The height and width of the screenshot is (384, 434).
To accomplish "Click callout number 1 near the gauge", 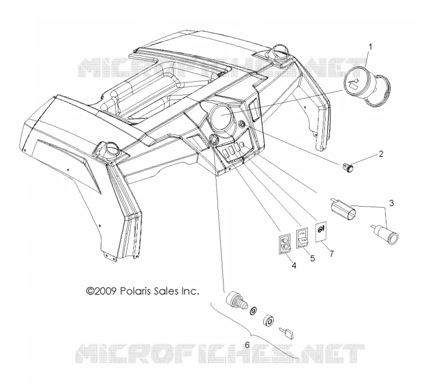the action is point(370,47).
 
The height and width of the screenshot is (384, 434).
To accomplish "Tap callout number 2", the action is point(381,154).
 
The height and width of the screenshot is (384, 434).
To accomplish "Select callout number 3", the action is point(391,203).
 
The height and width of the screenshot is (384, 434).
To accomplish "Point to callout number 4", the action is point(294,266).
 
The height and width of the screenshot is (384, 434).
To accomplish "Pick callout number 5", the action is point(312,258).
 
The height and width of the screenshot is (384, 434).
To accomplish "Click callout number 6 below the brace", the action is point(247,345).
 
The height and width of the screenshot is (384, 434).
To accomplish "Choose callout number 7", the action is point(331,253).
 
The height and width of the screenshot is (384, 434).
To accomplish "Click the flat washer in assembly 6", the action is point(253,310).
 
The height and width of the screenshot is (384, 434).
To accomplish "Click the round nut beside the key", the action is point(269,321).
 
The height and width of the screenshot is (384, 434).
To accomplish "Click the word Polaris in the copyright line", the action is point(135,291).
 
